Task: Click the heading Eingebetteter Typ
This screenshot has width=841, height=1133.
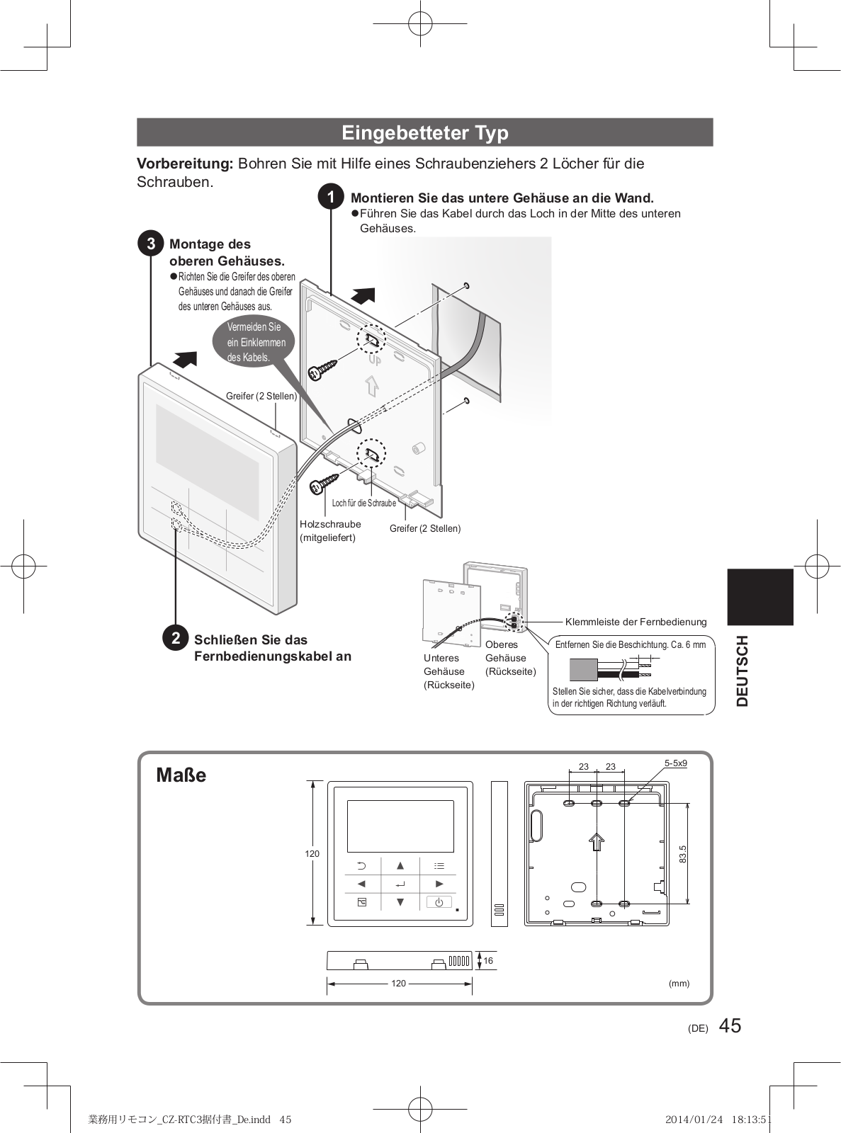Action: coord(425,132)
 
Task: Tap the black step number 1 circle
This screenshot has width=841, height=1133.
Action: coord(331,198)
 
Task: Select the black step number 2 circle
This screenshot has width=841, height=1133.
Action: coord(175,639)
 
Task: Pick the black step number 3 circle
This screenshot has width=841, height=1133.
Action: coord(151,244)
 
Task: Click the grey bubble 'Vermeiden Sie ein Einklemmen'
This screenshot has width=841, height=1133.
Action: coord(255,342)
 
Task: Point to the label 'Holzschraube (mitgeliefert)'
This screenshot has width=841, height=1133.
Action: coord(329,531)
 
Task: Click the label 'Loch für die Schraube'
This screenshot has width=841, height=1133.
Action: coord(364,503)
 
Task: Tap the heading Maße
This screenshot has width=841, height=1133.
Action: coord(181,775)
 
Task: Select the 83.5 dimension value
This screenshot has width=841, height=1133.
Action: coord(683,854)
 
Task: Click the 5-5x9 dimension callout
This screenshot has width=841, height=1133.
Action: coord(675,763)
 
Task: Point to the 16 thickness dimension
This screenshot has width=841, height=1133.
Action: coord(488,961)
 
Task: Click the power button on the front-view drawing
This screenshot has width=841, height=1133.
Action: coord(439,902)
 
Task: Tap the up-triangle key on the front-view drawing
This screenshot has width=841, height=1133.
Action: coord(400,865)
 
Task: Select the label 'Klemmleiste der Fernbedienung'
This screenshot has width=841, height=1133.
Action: coord(636,622)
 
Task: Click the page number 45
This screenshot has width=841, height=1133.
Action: coord(730,1025)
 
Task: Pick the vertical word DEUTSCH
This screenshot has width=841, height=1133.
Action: coord(742,671)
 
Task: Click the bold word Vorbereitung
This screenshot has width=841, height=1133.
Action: coord(184,164)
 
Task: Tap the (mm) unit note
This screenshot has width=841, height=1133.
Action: coord(679,984)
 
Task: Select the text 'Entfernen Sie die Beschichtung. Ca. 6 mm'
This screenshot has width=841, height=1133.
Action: coord(630,645)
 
